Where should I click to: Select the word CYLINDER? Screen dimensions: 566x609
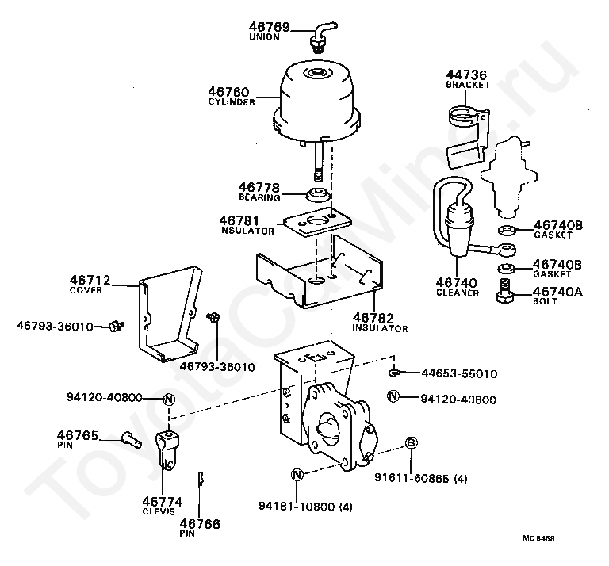click(232, 102)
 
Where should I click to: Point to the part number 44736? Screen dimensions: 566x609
click(468, 75)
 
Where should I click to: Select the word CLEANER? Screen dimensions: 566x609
click(457, 293)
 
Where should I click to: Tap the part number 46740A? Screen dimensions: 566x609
click(558, 292)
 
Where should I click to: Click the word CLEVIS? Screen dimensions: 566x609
click(162, 511)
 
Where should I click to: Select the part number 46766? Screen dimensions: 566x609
click(200, 523)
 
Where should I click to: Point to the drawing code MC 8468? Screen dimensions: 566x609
click(538, 538)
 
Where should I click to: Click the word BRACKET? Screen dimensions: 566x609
click(468, 84)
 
